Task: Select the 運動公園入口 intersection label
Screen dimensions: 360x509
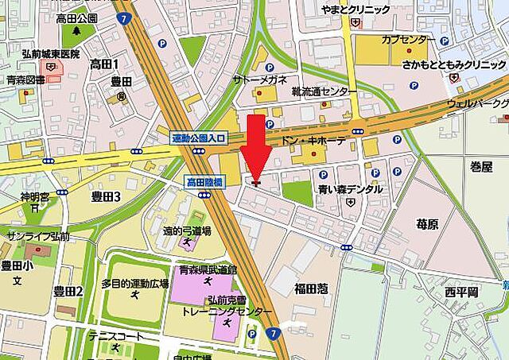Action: coord(199,138)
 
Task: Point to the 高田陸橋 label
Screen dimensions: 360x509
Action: coord(204,182)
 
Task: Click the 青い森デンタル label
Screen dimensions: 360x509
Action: coord(350,190)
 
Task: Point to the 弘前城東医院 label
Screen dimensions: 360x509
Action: coord(51,54)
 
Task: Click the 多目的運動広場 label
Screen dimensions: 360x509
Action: coord(134,284)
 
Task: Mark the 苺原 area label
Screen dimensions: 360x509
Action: coord(427,225)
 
